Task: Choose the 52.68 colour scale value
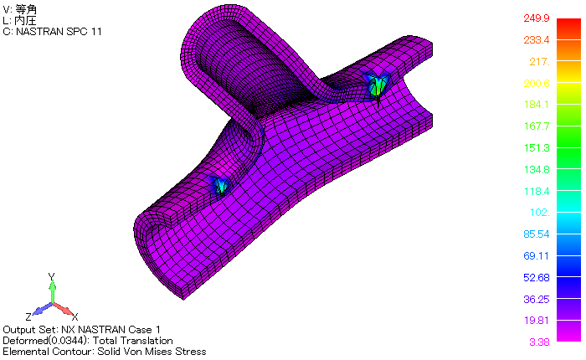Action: pyautogui.click(x=534, y=278)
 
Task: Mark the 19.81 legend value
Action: pyautogui.click(x=534, y=321)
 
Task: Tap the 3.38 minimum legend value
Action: pyautogui.click(x=537, y=342)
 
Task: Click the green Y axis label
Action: pyautogui.click(x=52, y=276)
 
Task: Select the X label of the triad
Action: pyautogui.click(x=75, y=316)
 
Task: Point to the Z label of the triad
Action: pyautogui.click(x=28, y=316)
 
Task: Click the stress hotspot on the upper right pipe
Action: pyautogui.click(x=377, y=85)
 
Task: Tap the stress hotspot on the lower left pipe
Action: pyautogui.click(x=221, y=185)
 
